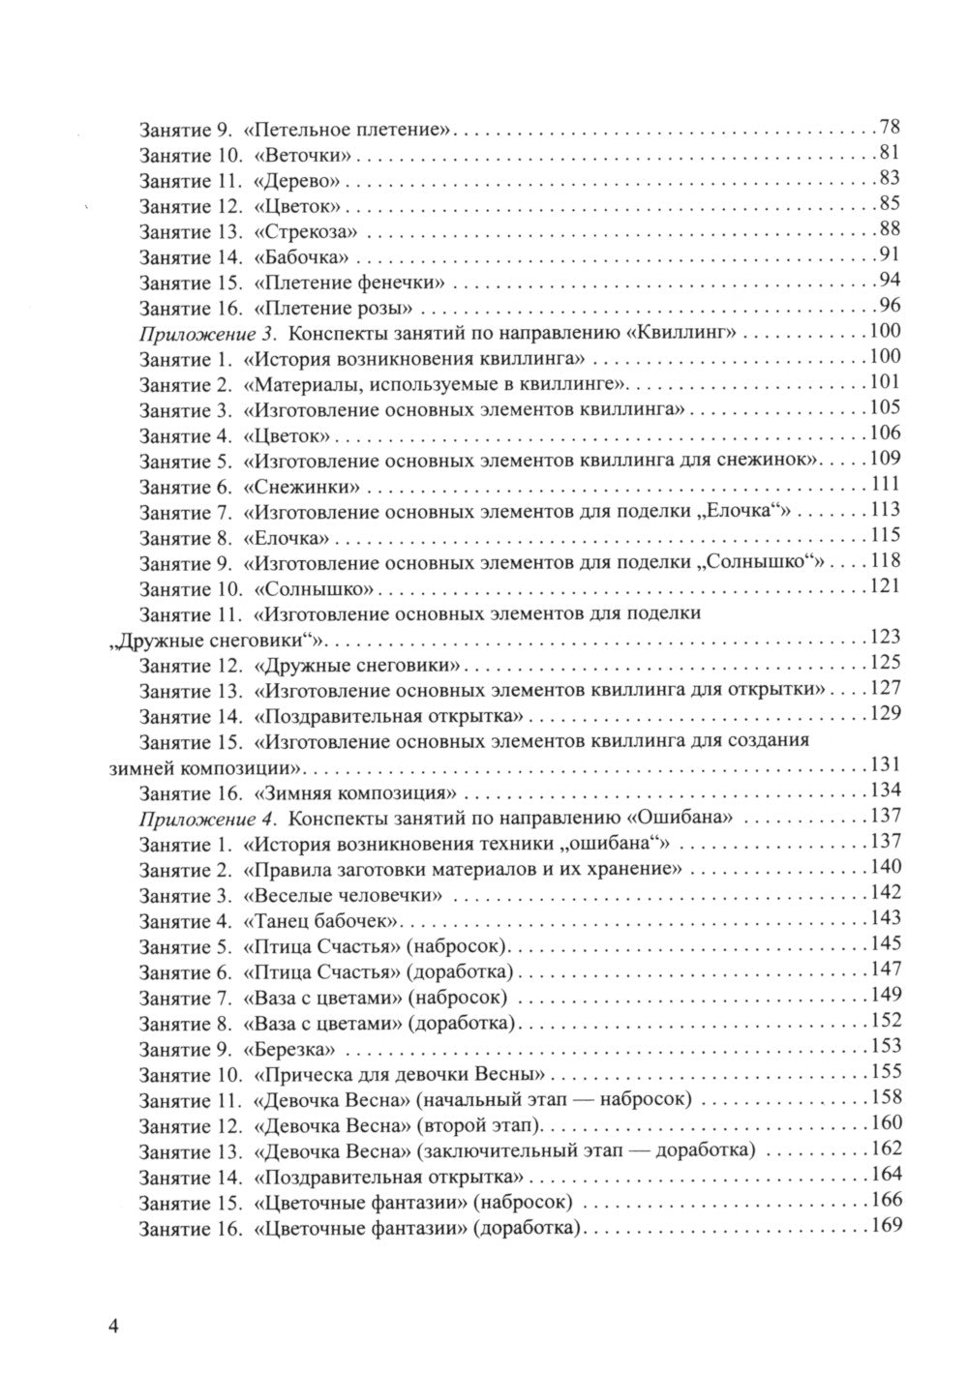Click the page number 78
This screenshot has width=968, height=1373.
pos(890,127)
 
